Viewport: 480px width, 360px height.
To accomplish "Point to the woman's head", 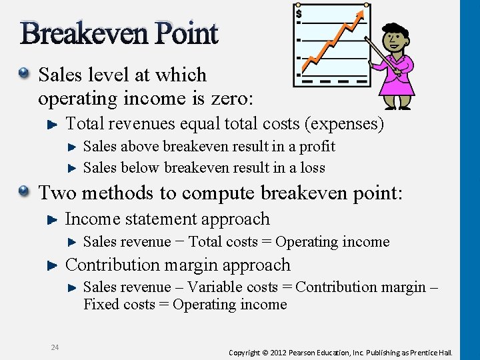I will point(396,37).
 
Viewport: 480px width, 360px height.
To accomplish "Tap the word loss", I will point(313,167).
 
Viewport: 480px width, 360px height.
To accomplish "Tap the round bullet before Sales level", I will point(25,74).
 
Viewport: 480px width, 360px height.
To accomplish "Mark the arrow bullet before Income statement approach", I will point(54,219).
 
